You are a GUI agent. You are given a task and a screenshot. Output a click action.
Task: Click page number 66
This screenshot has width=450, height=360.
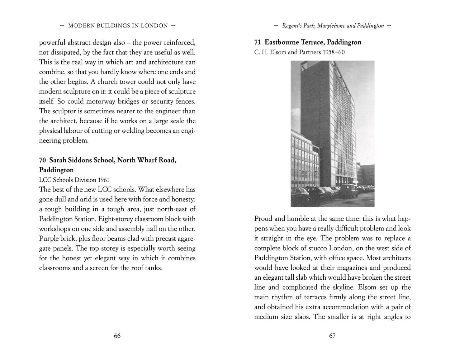point(117,336)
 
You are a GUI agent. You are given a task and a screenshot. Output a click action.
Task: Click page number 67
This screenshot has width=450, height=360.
point(332,336)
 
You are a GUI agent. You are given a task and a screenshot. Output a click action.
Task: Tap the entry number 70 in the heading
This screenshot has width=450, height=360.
point(42,160)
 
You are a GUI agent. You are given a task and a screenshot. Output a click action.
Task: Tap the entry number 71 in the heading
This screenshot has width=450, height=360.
point(258,42)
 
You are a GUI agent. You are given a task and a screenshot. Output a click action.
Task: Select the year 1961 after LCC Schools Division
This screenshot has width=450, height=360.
point(103,180)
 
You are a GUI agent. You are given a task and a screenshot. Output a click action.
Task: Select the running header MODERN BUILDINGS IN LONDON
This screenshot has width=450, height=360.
point(118,26)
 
